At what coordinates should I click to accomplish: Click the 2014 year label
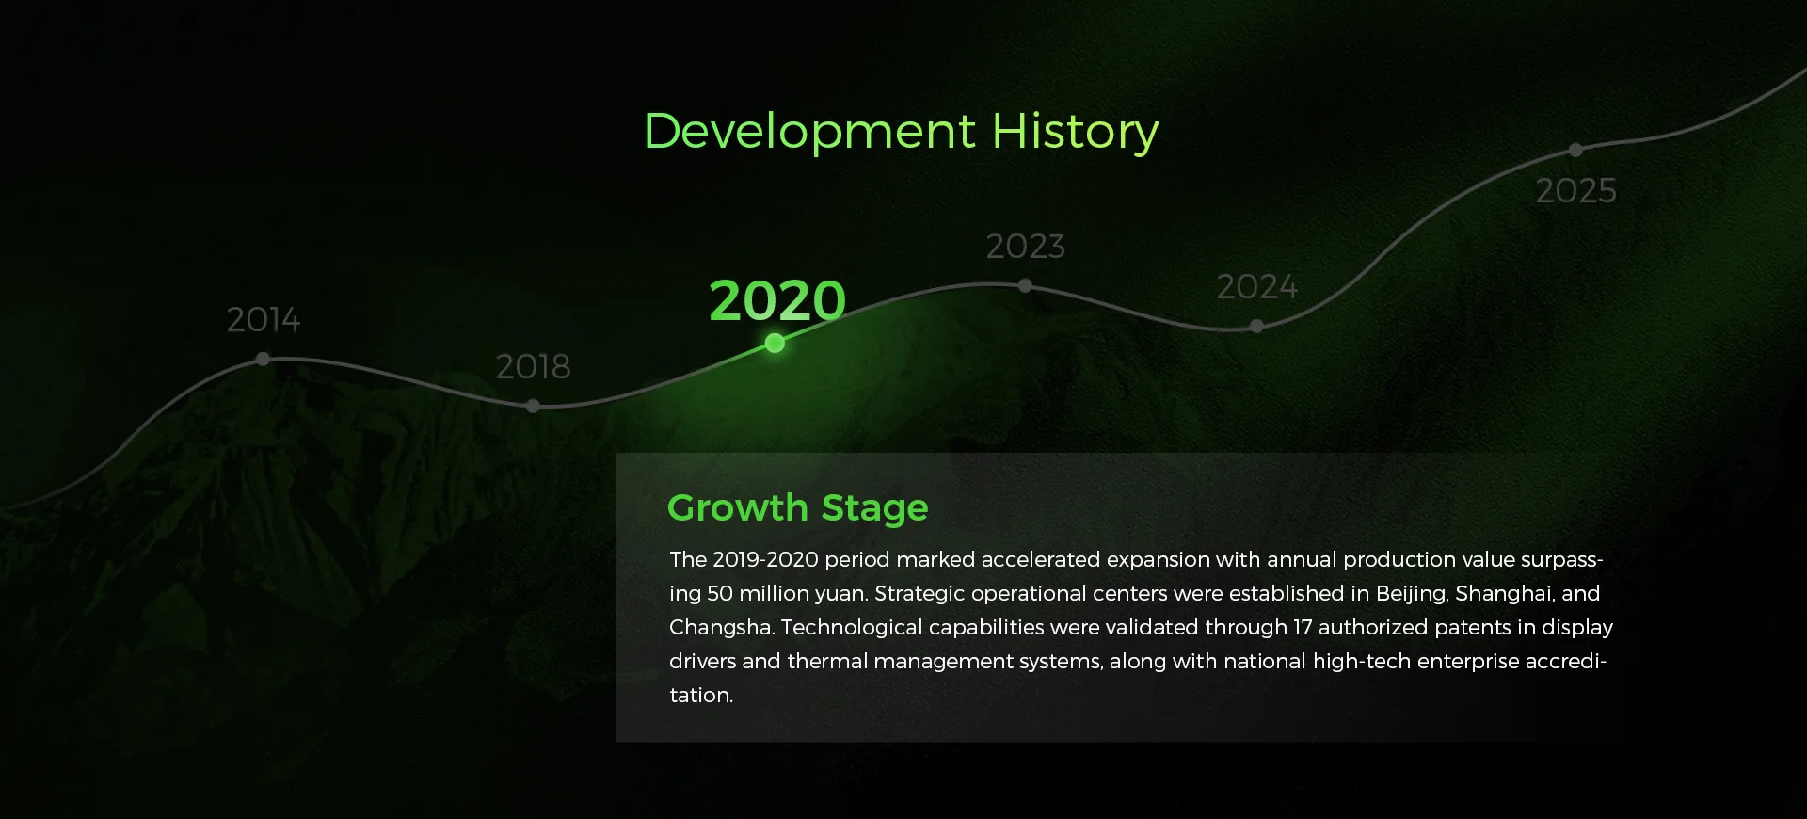tap(264, 320)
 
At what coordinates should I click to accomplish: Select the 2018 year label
tap(533, 366)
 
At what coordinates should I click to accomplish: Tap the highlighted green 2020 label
tap(777, 300)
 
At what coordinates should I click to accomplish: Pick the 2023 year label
tap(1025, 247)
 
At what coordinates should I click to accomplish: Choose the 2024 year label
tap(1256, 287)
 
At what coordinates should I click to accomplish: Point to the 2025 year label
tap(1575, 191)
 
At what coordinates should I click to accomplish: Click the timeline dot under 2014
tap(264, 359)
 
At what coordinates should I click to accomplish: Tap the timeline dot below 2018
tap(534, 407)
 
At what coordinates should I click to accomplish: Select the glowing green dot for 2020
tap(775, 344)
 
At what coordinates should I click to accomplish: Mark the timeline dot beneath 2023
tap(1026, 285)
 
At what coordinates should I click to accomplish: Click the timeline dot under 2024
tap(1257, 327)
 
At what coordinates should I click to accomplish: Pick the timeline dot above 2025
tap(1576, 150)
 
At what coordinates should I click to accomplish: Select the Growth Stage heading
tap(798, 508)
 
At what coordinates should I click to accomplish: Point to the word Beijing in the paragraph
tap(1412, 594)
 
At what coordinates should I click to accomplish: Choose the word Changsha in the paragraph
tap(721, 628)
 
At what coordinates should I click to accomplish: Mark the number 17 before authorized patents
tap(1303, 628)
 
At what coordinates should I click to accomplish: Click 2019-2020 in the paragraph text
tap(765, 560)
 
